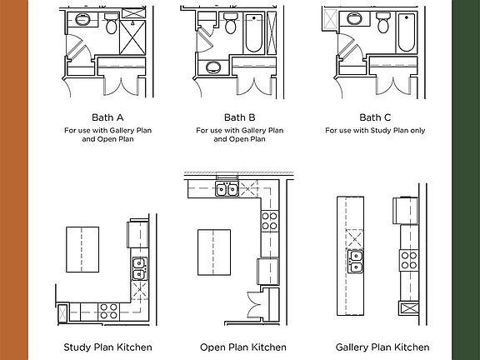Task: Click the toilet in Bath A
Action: (112, 23)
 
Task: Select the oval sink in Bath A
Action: (82, 19)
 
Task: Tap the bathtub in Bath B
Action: (254, 33)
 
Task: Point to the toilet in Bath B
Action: (230, 23)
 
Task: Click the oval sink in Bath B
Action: (213, 67)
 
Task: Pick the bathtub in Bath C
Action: (407, 32)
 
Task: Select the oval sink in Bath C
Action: (354, 18)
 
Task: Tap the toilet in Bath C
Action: (383, 22)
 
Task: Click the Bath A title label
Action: (107, 117)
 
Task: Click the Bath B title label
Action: (240, 117)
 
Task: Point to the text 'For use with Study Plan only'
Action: (375, 130)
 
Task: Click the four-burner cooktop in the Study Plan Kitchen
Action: (108, 311)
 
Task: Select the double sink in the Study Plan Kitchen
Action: (140, 269)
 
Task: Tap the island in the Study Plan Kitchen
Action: (82, 249)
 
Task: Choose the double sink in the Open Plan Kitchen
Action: (227, 189)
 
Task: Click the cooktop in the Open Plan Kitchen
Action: (270, 221)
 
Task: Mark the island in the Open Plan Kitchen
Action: (214, 252)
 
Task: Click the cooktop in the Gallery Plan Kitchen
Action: (409, 260)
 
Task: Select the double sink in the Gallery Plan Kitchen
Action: (356, 262)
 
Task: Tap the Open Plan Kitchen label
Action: (243, 347)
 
